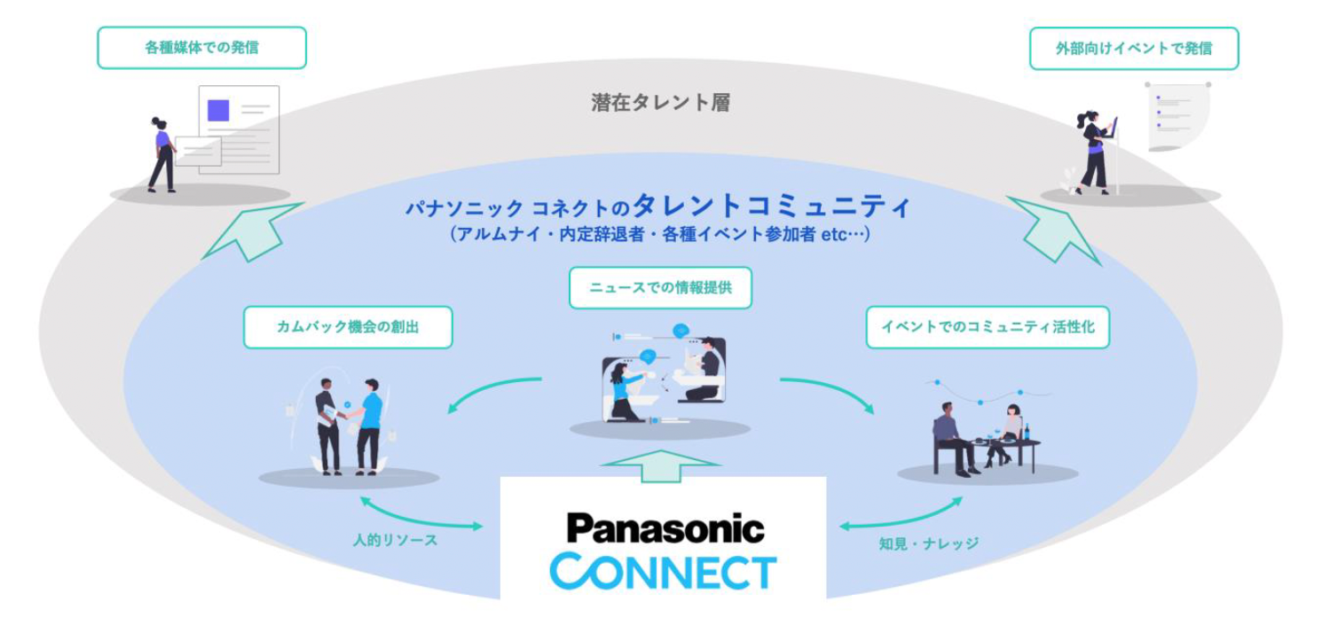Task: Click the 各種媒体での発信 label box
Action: coord(201,48)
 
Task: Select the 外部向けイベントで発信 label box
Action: coord(1133,49)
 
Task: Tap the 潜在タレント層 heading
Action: coord(660,103)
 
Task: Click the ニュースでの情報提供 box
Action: coord(660,288)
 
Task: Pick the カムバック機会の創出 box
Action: coord(348,327)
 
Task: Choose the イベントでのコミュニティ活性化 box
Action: coord(987,327)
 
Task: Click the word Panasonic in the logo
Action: coord(665,528)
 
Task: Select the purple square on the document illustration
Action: coord(218,111)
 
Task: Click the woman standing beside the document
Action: coord(162,154)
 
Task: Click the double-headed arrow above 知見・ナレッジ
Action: coord(901,514)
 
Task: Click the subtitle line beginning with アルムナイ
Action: coord(660,235)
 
